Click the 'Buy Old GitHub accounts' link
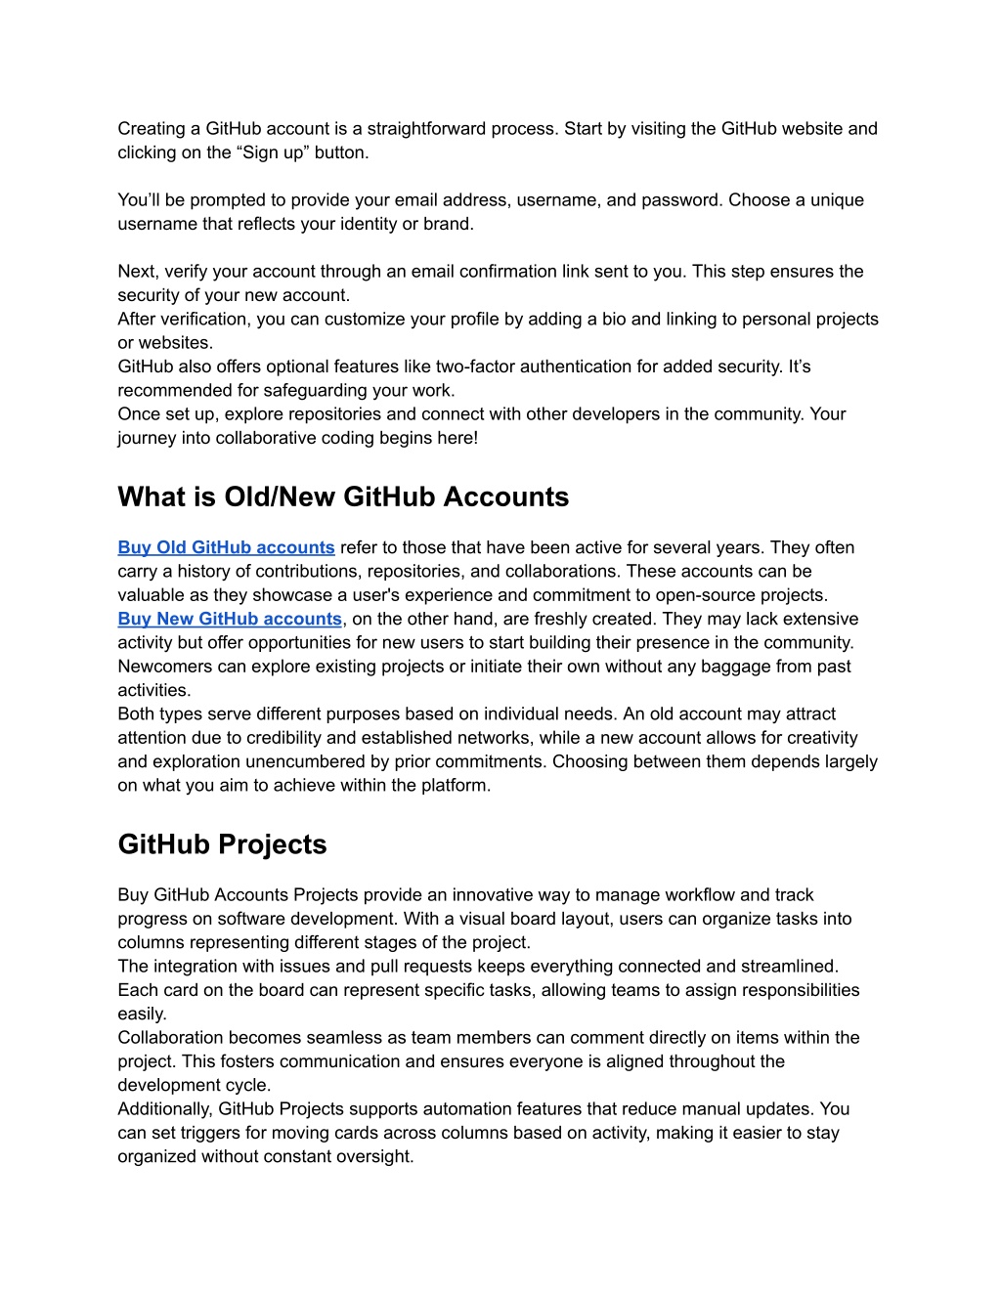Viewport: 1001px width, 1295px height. pyautogui.click(x=226, y=547)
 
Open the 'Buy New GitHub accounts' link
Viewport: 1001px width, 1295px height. pyautogui.click(x=230, y=619)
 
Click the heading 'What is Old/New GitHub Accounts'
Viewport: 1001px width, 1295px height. pyautogui.click(x=343, y=496)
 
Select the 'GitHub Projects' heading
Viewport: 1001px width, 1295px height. pyautogui.click(x=222, y=844)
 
